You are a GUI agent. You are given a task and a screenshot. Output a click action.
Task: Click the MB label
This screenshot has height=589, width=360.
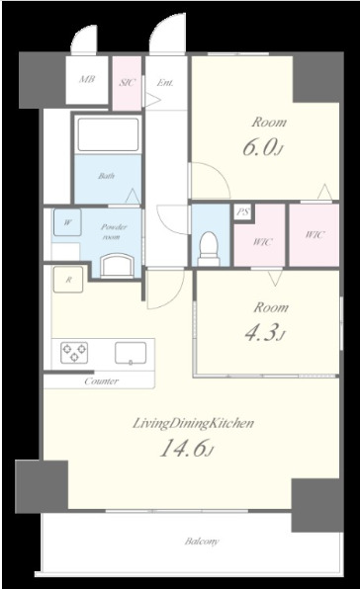tap(87, 80)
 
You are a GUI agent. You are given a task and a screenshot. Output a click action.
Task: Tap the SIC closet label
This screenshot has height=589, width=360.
tap(127, 82)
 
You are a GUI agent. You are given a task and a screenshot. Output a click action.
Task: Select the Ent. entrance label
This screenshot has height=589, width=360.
tap(165, 82)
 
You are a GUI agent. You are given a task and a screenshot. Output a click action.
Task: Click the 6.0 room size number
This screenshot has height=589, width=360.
tap(259, 147)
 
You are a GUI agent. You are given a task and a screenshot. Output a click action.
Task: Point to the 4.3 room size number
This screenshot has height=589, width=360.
tap(262, 332)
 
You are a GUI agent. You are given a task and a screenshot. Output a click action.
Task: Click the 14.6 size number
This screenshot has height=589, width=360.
tap(184, 448)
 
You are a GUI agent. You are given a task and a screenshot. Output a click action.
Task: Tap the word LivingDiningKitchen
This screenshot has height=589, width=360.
tap(194, 423)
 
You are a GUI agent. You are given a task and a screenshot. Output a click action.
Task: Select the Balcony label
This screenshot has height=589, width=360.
tap(202, 542)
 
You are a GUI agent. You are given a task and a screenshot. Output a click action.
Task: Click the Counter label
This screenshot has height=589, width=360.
tap(102, 381)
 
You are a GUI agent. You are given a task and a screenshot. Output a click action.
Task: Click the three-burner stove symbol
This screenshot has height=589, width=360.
tap(74, 353)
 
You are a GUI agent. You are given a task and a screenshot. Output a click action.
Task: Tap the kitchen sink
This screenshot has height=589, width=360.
tap(131, 353)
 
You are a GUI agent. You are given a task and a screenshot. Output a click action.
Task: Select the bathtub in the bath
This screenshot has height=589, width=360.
tap(108, 134)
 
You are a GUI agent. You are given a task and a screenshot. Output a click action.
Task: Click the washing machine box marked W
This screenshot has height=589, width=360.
tap(67, 222)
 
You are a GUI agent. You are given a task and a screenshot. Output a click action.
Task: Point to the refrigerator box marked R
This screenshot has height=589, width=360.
tap(68, 280)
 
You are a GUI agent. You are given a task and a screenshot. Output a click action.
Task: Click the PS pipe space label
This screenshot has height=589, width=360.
tap(243, 212)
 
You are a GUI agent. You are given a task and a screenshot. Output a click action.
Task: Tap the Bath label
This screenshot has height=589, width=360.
tap(107, 176)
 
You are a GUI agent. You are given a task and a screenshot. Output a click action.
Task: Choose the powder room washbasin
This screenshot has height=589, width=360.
tap(118, 266)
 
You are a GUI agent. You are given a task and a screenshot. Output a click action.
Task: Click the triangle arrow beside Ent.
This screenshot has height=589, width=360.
tap(153, 100)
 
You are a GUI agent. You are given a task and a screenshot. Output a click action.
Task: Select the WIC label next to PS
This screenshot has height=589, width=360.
tap(262, 241)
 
